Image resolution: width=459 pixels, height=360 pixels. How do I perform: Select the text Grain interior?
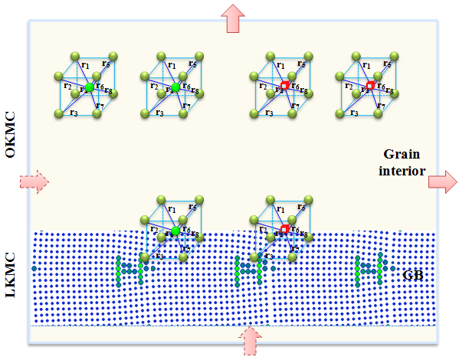click(400, 162)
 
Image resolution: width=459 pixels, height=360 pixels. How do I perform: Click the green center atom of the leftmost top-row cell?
click(90, 89)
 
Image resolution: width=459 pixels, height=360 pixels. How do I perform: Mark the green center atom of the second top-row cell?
click(175, 89)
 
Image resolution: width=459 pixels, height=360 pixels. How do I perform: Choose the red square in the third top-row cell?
click(284, 87)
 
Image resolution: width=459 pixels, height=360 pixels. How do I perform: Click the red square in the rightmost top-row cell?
click(370, 87)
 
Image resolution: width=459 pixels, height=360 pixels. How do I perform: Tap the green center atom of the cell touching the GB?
click(175, 231)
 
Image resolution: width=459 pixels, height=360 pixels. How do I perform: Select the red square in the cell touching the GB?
click(284, 229)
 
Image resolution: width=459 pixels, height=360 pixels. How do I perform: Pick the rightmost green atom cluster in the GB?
click(368, 268)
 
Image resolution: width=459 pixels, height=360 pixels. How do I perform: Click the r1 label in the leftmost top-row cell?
click(86, 67)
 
